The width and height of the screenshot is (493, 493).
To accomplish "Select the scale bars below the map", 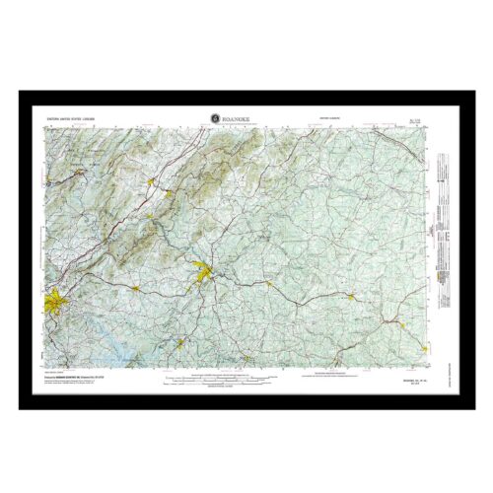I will (245, 381).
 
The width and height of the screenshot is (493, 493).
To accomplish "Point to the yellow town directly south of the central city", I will (179, 342).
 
